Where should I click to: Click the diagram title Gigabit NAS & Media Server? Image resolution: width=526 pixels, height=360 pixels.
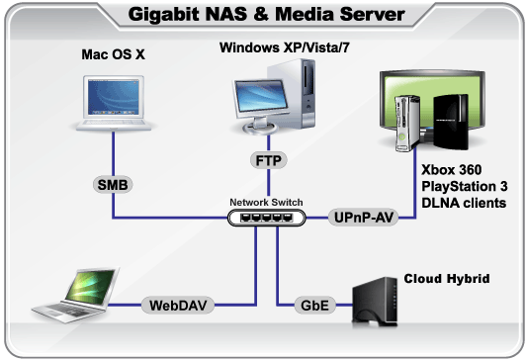click(262, 15)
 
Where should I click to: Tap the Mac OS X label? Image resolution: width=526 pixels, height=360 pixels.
click(113, 54)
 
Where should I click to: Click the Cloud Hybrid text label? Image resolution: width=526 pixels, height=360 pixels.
click(447, 280)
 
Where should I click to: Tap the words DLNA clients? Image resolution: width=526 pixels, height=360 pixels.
click(465, 202)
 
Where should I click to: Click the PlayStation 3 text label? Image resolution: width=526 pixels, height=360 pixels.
click(466, 186)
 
